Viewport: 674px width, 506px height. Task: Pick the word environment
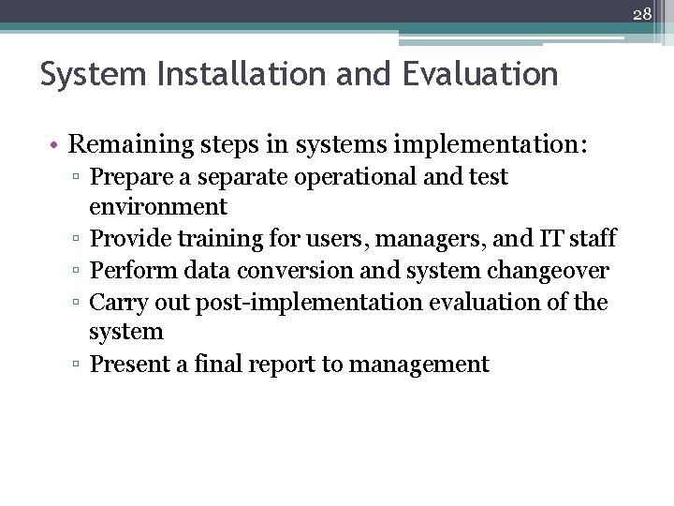[x=158, y=206]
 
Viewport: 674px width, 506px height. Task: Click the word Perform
[x=127, y=271]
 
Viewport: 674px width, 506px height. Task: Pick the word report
[x=281, y=365]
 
